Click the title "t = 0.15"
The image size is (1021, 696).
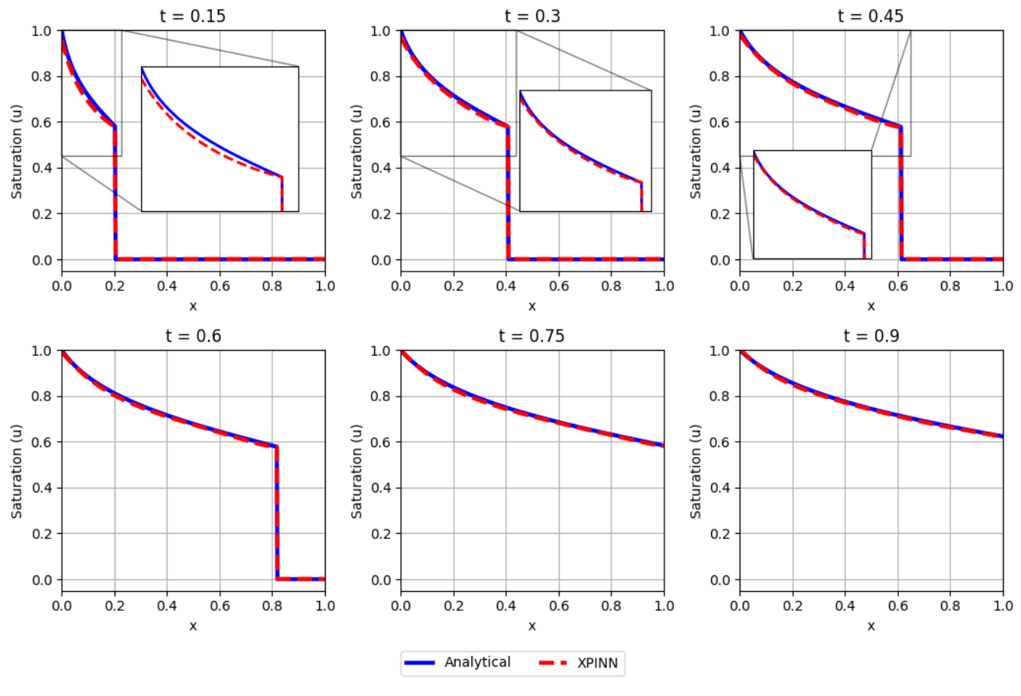(x=193, y=16)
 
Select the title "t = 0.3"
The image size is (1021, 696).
(x=532, y=16)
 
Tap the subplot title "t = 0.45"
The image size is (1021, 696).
(x=871, y=16)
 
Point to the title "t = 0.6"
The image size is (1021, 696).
(x=193, y=336)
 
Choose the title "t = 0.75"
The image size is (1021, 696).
(x=532, y=336)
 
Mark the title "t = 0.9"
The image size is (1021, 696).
(x=871, y=336)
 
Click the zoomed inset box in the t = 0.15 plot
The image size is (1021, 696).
(x=220, y=139)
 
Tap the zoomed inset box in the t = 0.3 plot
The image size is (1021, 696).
(x=585, y=151)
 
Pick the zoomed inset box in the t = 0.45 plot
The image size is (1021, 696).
(x=812, y=204)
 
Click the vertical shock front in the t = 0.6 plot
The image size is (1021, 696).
(x=277, y=513)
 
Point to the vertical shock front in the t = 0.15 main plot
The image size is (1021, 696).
(x=115, y=192)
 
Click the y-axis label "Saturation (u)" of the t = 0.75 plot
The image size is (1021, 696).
(x=357, y=471)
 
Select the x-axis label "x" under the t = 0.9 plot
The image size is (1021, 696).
(x=871, y=626)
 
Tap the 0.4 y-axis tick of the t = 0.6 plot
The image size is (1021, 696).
(x=43, y=488)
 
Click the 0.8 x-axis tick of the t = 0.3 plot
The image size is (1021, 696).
(x=612, y=287)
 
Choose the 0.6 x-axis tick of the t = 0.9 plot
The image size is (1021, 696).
(x=897, y=606)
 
